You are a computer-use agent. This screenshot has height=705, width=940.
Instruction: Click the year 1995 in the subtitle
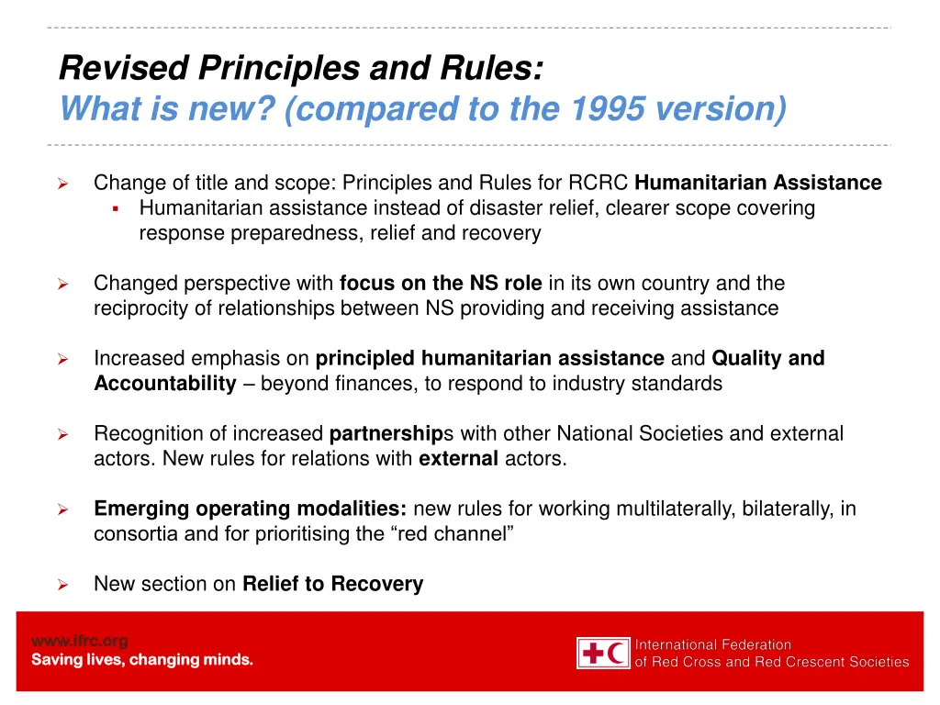[x=610, y=109]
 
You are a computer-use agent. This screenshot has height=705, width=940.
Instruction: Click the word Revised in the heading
[x=124, y=67]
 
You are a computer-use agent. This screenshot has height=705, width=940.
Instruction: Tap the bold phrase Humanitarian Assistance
[x=758, y=183]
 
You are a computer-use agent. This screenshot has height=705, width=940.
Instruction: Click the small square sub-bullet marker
[x=116, y=208]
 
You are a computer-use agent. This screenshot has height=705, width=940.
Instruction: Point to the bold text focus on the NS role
[x=441, y=284]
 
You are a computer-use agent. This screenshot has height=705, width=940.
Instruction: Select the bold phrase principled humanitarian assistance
[x=490, y=358]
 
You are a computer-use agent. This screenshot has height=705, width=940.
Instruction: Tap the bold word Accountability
[x=165, y=384]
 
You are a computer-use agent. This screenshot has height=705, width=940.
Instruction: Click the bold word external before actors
[x=459, y=459]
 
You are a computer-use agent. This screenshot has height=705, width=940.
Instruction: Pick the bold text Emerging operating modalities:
[x=252, y=509]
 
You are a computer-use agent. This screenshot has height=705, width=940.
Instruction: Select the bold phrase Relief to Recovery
[x=332, y=584]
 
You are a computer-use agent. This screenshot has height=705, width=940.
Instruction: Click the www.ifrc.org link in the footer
[x=80, y=641]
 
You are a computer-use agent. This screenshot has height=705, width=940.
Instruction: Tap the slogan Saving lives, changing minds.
[x=142, y=659]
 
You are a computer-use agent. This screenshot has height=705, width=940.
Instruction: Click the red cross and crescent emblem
[x=603, y=653]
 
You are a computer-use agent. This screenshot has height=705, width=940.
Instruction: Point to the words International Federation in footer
[x=713, y=644]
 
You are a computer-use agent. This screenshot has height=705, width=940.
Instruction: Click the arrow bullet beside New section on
[x=63, y=585]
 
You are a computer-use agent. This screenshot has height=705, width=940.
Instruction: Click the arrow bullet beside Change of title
[x=63, y=184]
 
